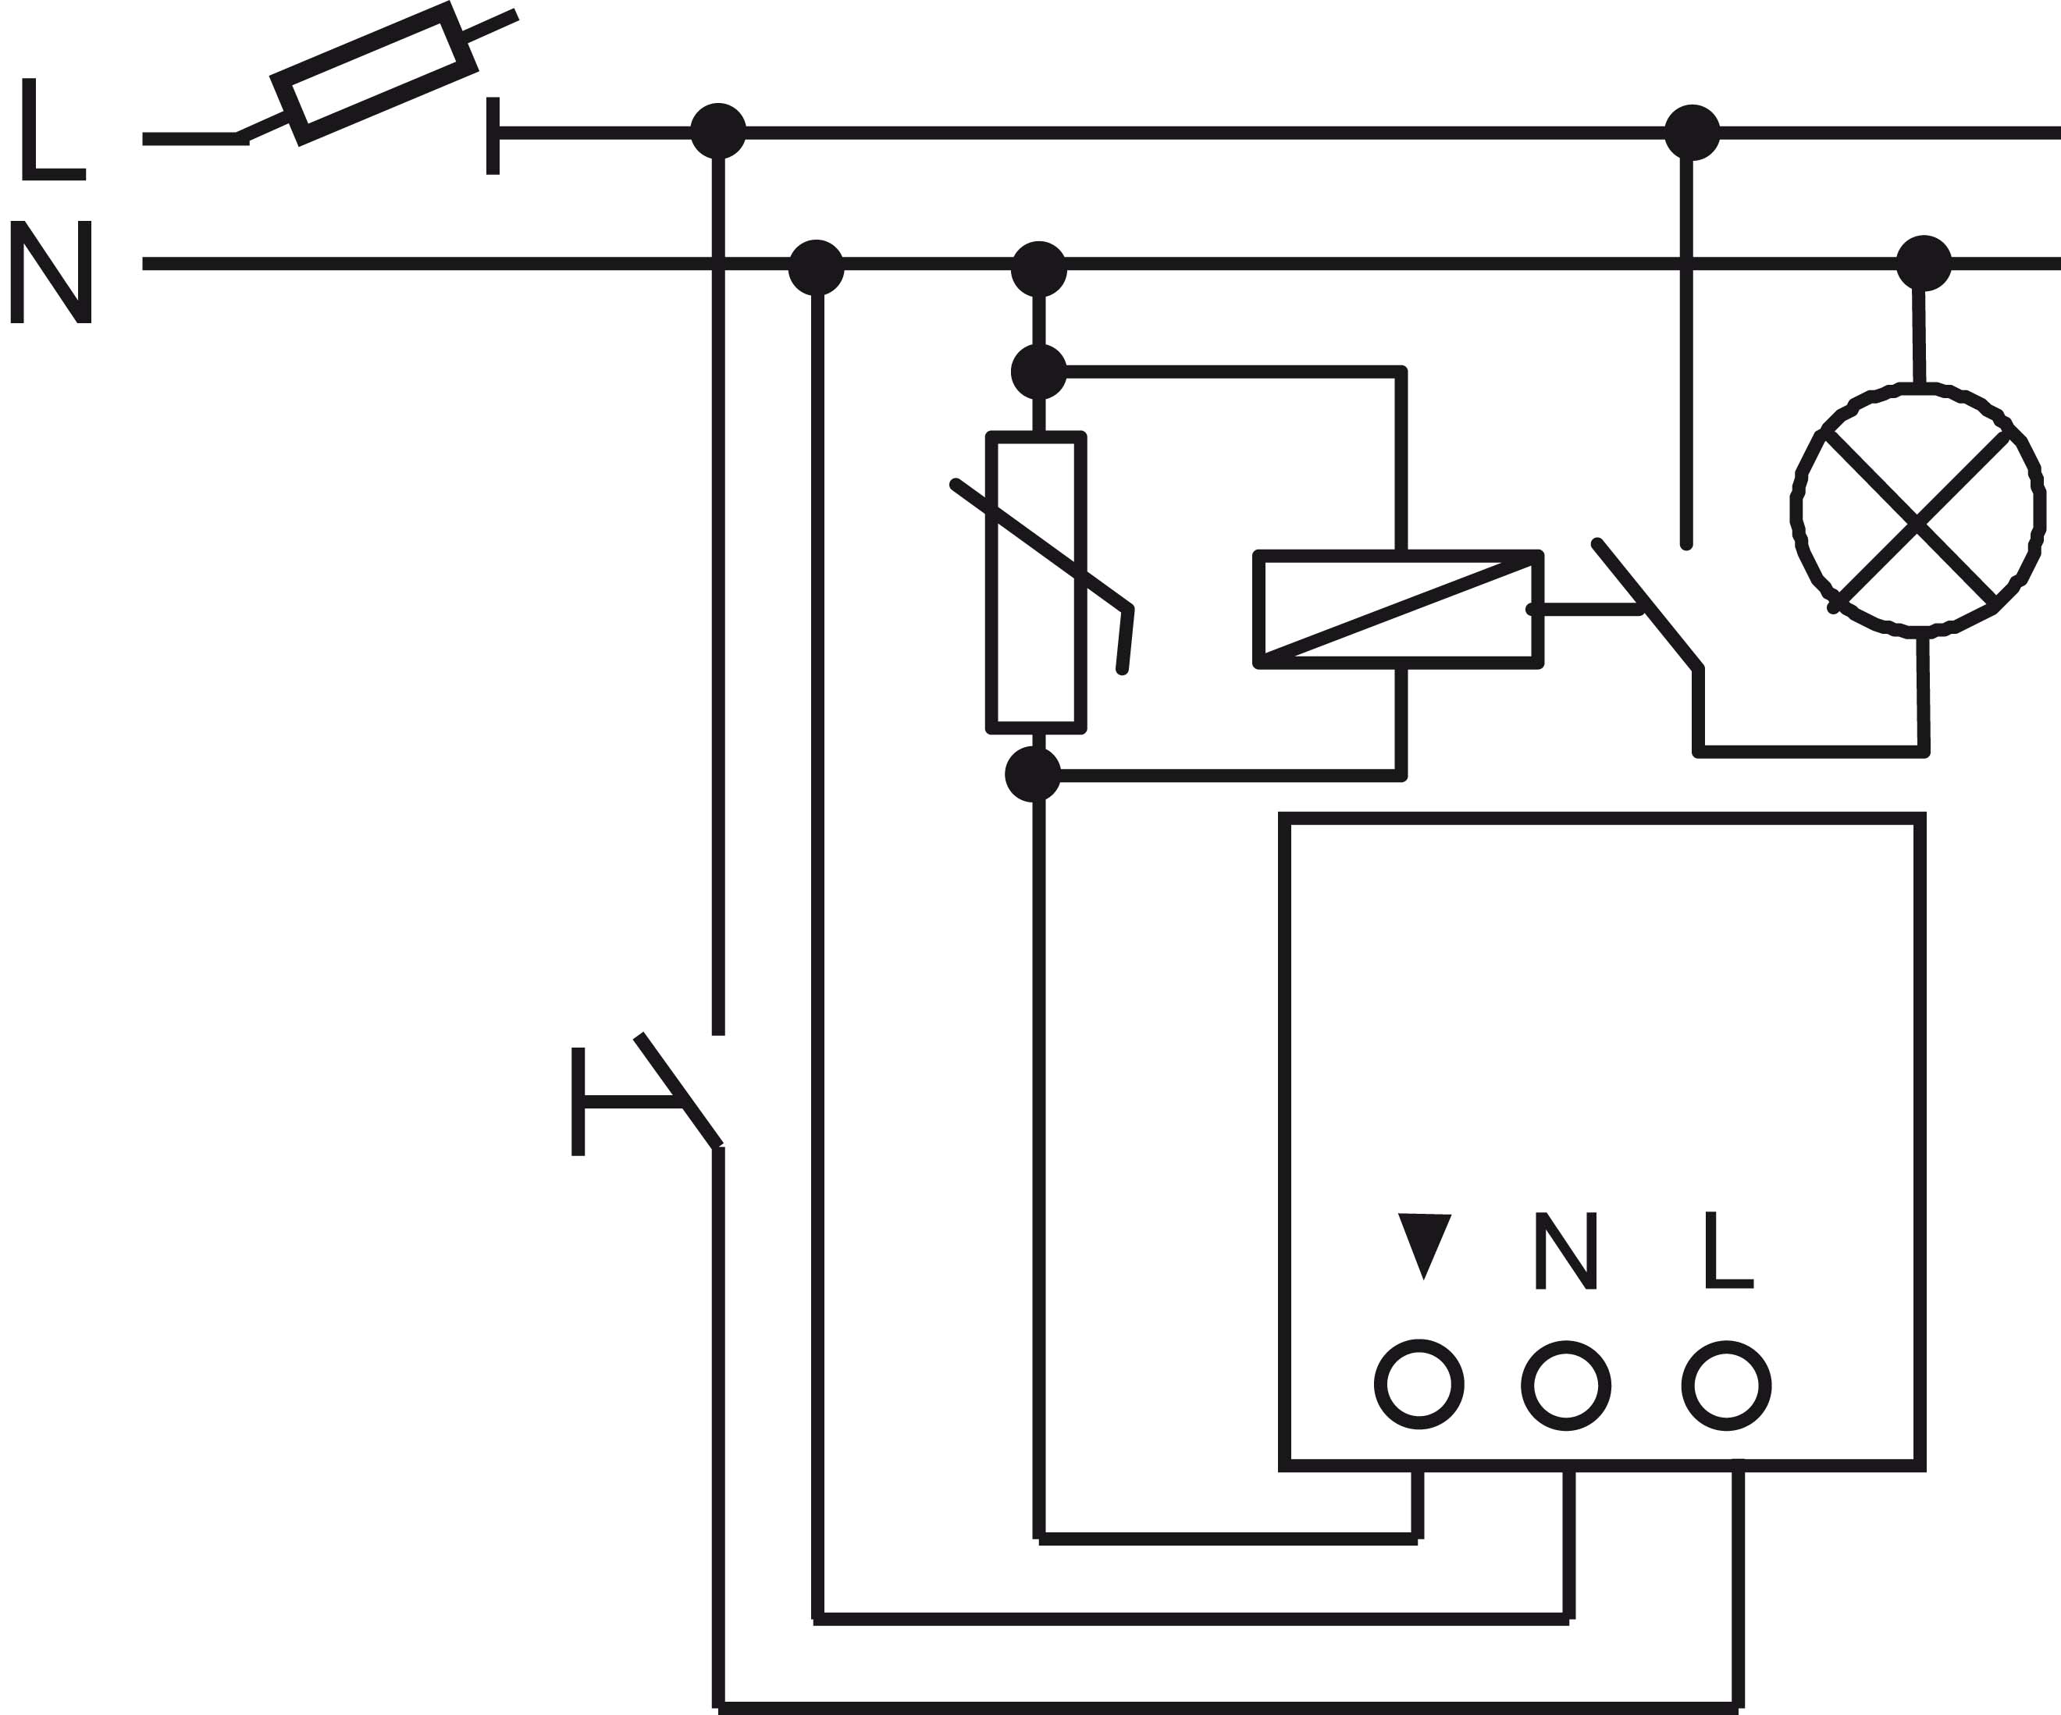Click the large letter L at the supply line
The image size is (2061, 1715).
click(x=53, y=129)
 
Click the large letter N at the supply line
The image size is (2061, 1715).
click(x=51, y=272)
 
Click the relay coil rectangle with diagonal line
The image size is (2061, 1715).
click(x=1398, y=610)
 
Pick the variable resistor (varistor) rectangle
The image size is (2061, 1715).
click(x=1037, y=583)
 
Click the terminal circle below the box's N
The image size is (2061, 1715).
click(x=1566, y=1386)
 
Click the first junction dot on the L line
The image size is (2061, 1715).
click(x=718, y=130)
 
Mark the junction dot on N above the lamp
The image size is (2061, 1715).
click(x=1924, y=263)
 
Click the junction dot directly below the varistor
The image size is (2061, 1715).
click(x=1034, y=774)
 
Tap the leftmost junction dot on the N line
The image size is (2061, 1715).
click(x=817, y=267)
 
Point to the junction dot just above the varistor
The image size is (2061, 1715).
click(x=1038, y=372)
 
